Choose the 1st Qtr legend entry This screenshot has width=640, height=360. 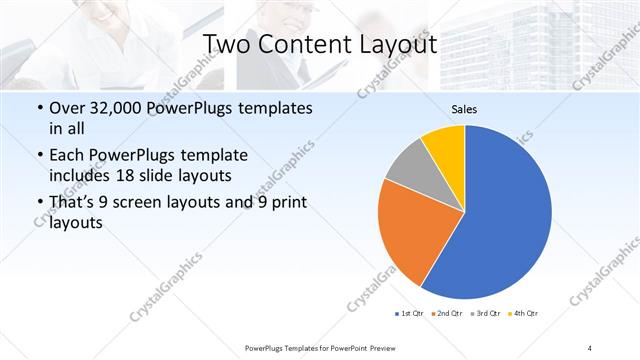pos(410,314)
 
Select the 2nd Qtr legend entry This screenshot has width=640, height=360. pos(445,314)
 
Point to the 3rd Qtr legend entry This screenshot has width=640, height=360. pos(483,314)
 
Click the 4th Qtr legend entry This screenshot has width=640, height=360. pos(521,314)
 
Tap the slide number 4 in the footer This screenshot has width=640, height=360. pos(590,347)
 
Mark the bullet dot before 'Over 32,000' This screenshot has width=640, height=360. pos(38,107)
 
